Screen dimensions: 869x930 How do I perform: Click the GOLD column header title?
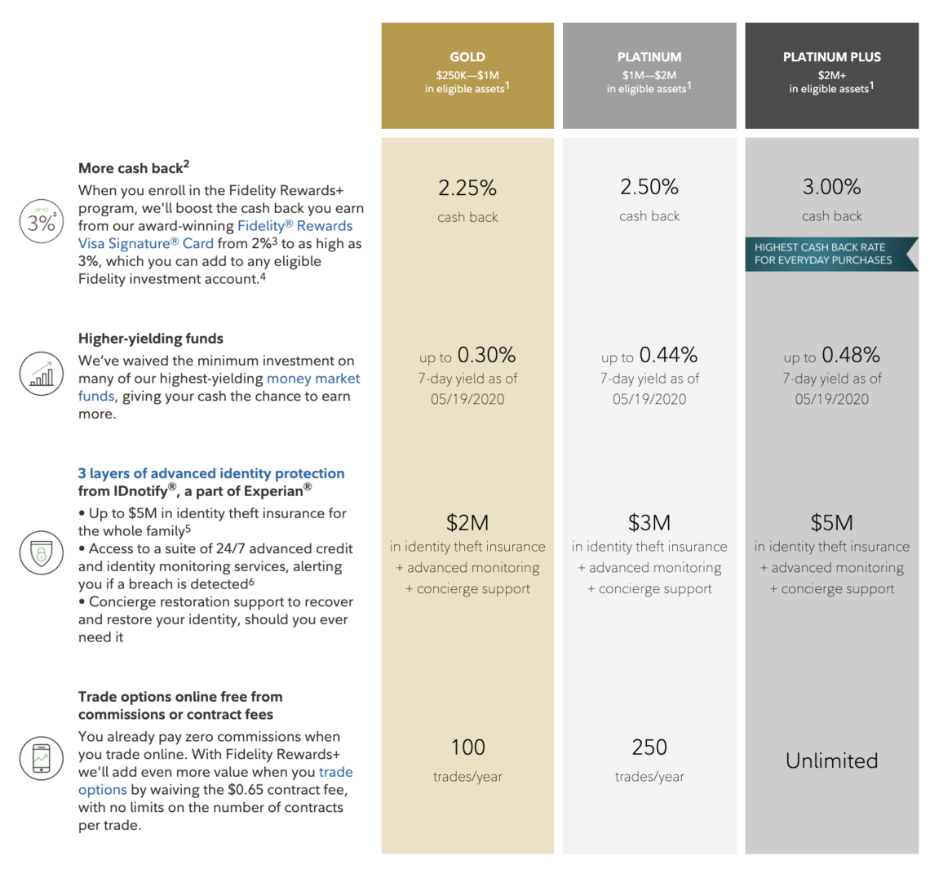[467, 57]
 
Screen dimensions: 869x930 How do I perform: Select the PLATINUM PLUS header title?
[831, 57]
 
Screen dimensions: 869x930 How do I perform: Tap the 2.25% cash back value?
[467, 188]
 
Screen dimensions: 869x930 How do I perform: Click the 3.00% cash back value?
[831, 187]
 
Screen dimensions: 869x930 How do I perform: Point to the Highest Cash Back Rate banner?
[826, 254]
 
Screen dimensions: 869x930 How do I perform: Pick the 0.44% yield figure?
[668, 355]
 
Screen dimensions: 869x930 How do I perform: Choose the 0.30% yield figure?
[486, 355]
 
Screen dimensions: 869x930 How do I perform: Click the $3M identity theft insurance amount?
[649, 522]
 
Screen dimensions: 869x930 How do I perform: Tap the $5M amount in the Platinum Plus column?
[831, 522]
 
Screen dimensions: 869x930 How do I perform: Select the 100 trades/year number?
[467, 747]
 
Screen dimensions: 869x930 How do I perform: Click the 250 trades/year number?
[649, 747]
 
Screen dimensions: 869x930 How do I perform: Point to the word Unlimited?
[831, 760]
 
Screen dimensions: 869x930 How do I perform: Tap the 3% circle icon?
[41, 223]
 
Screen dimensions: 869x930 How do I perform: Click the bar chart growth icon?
[41, 375]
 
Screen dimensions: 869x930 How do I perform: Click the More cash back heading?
[131, 168]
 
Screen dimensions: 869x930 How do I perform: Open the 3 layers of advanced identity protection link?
[211, 473]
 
